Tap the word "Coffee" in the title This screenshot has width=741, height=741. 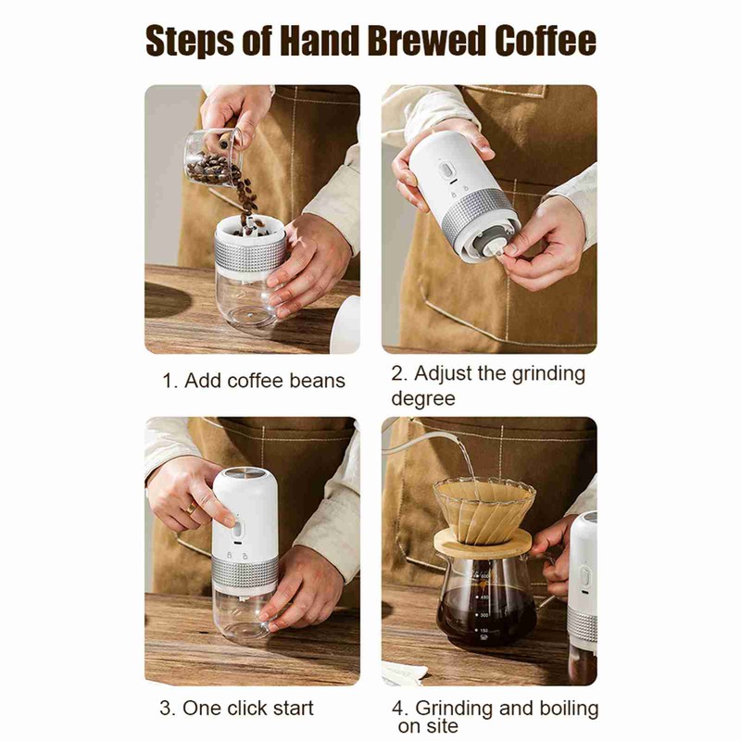(544, 42)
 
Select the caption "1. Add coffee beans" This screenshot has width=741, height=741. (254, 381)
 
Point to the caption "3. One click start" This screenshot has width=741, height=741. (236, 709)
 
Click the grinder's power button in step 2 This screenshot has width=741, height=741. (446, 172)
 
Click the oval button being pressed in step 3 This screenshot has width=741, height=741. (236, 530)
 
